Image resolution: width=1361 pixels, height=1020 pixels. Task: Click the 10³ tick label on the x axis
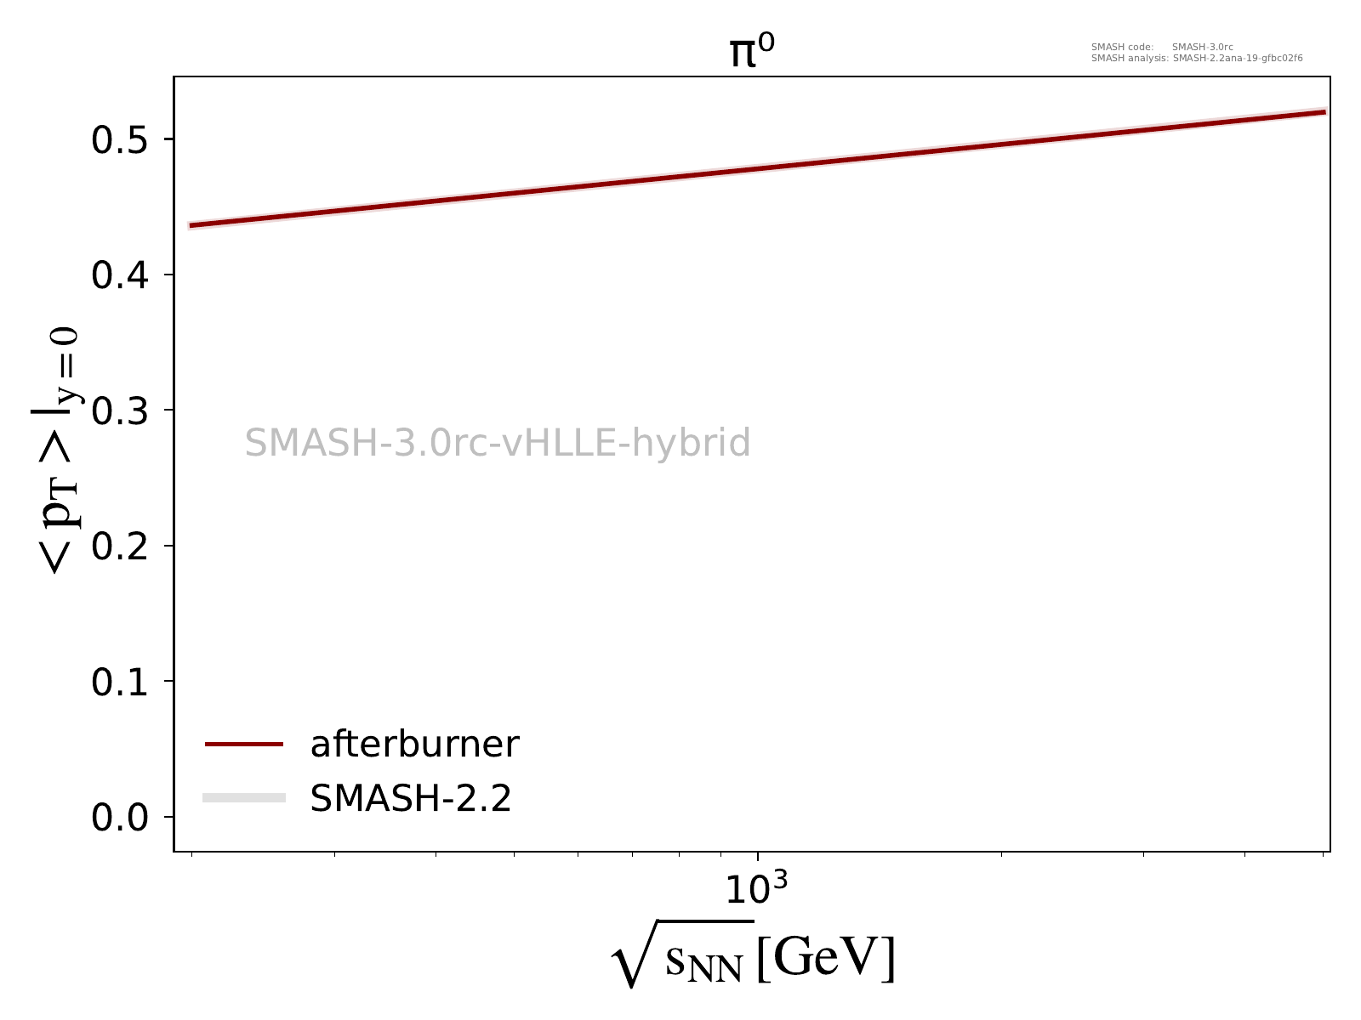(755, 889)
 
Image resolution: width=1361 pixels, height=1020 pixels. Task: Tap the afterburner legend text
(414, 745)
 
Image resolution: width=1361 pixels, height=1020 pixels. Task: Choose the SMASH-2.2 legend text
(411, 798)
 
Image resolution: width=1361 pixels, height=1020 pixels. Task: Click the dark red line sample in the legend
(243, 745)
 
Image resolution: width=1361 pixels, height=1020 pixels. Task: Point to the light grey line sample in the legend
(243, 797)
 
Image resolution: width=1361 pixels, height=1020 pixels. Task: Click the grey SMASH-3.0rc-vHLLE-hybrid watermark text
(498, 443)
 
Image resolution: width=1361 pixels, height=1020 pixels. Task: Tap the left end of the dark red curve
(191, 226)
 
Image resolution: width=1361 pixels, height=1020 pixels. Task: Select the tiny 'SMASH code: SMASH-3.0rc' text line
(1162, 48)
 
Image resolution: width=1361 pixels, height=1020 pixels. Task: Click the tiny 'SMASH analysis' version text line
(1197, 59)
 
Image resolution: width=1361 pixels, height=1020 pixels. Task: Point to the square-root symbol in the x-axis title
(634, 956)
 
